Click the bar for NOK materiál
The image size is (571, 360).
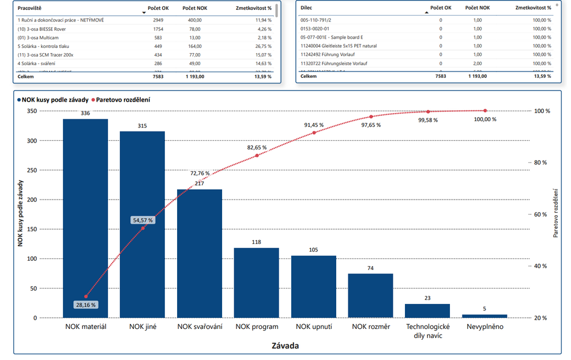(85, 219)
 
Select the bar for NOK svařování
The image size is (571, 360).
(200, 254)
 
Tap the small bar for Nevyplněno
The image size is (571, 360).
(484, 316)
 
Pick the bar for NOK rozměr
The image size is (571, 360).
(370, 295)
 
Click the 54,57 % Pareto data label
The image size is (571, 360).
(142, 220)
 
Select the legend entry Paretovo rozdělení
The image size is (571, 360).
(123, 100)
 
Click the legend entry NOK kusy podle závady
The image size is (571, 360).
(55, 100)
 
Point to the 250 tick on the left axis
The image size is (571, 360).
(32, 170)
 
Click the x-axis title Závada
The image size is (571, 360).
(285, 346)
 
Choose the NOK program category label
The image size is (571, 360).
(257, 327)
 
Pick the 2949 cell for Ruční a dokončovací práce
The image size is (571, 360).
(157, 20)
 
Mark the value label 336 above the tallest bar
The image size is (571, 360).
(85, 113)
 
